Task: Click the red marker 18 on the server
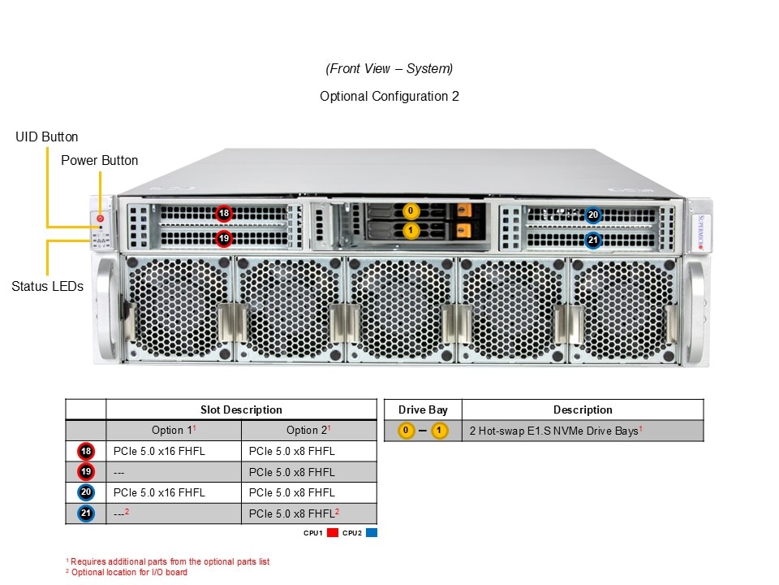coord(224,214)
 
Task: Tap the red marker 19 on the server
coord(224,239)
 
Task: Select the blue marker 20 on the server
coord(593,215)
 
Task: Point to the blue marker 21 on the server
coord(593,240)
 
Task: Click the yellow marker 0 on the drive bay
coord(411,212)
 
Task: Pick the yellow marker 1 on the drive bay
coord(411,231)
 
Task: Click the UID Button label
coord(47,137)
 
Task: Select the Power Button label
coord(99,160)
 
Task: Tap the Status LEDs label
coord(47,286)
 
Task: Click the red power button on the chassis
coord(101,218)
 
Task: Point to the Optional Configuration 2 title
coord(389,96)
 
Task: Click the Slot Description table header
coord(241,409)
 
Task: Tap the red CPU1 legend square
coord(332,533)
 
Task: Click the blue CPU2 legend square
coord(372,533)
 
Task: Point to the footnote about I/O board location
coord(127,572)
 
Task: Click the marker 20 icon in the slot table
coord(85,492)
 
